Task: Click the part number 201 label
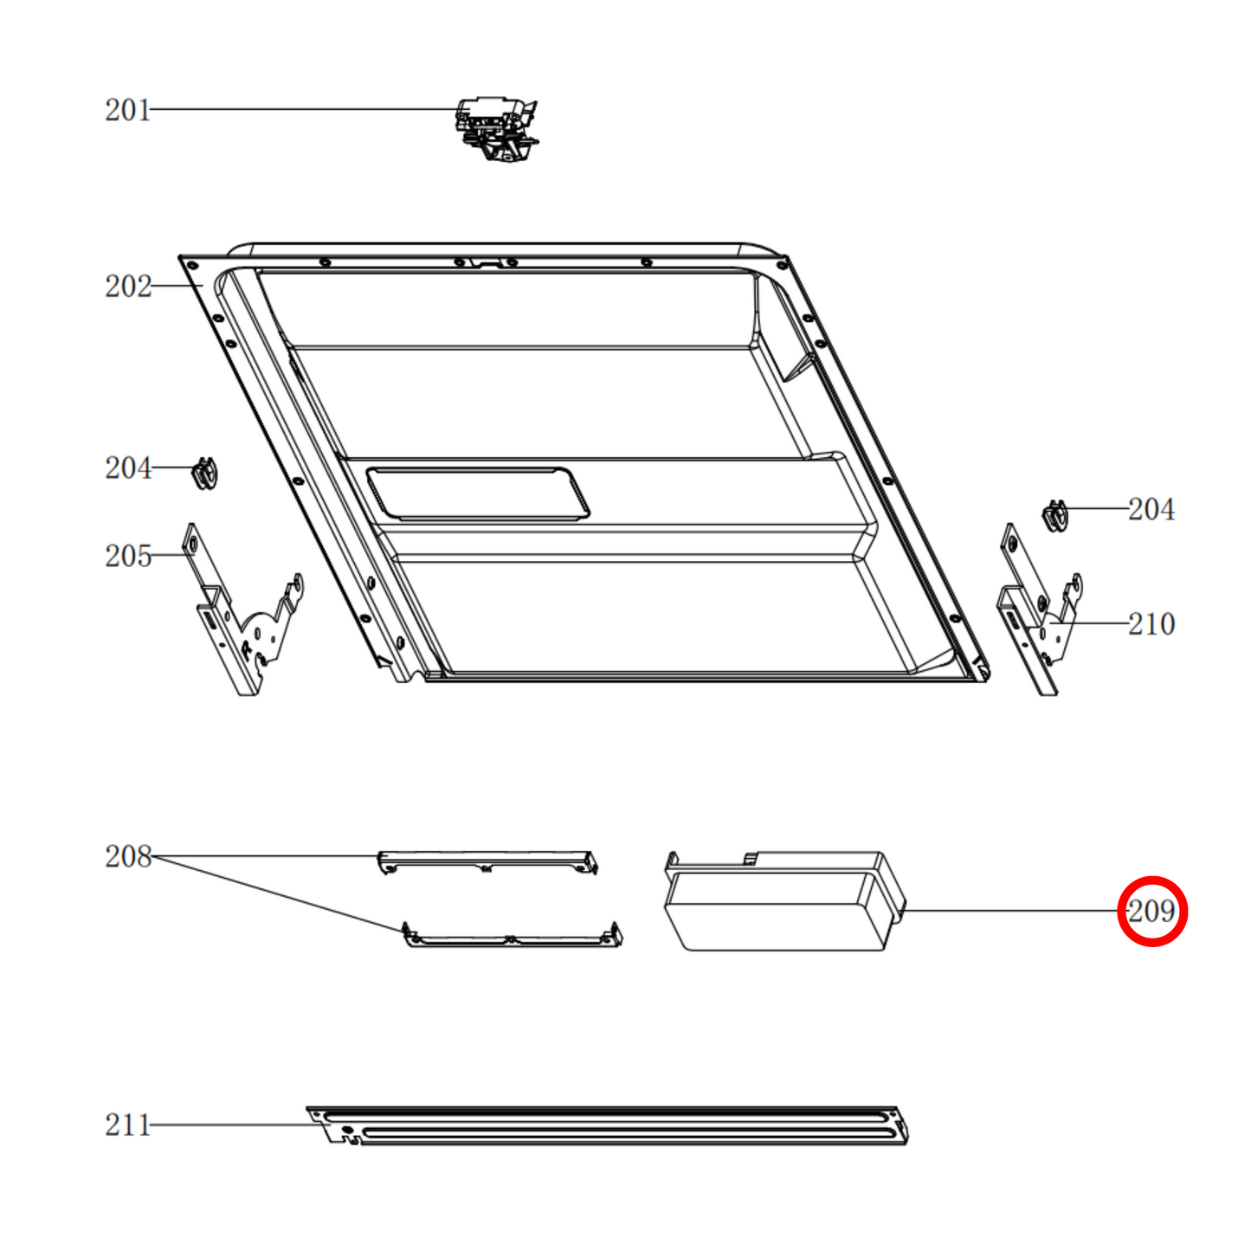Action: (x=128, y=110)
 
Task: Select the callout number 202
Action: (x=128, y=287)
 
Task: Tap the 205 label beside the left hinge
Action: (x=128, y=556)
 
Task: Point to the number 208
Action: (x=128, y=856)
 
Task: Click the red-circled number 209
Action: (x=1151, y=911)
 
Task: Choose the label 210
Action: (x=1151, y=624)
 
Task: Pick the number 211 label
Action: (x=128, y=1125)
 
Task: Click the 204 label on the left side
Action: (x=128, y=468)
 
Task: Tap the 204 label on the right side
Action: (x=1151, y=509)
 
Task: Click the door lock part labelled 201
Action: (x=497, y=130)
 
